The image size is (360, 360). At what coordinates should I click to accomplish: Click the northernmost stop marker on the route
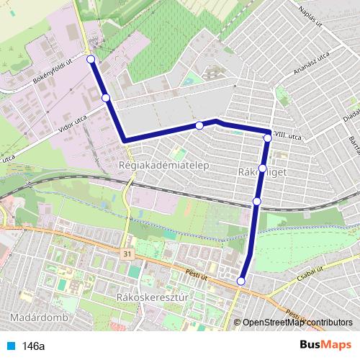pos(91,59)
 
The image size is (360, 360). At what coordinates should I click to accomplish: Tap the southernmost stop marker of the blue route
pos(241,281)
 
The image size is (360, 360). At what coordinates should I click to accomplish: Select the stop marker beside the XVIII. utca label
pos(268,137)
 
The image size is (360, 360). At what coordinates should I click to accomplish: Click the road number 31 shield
pos(127,254)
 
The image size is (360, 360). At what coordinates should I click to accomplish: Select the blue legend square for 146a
pos(12,346)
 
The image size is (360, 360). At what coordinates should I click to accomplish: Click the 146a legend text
pos(32,346)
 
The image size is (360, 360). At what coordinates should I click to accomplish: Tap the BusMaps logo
pos(325,345)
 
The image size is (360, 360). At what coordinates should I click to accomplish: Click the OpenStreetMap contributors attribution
pos(296,323)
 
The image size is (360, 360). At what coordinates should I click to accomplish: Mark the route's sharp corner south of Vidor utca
pos(125,140)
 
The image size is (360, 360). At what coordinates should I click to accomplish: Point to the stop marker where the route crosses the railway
pos(256,202)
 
